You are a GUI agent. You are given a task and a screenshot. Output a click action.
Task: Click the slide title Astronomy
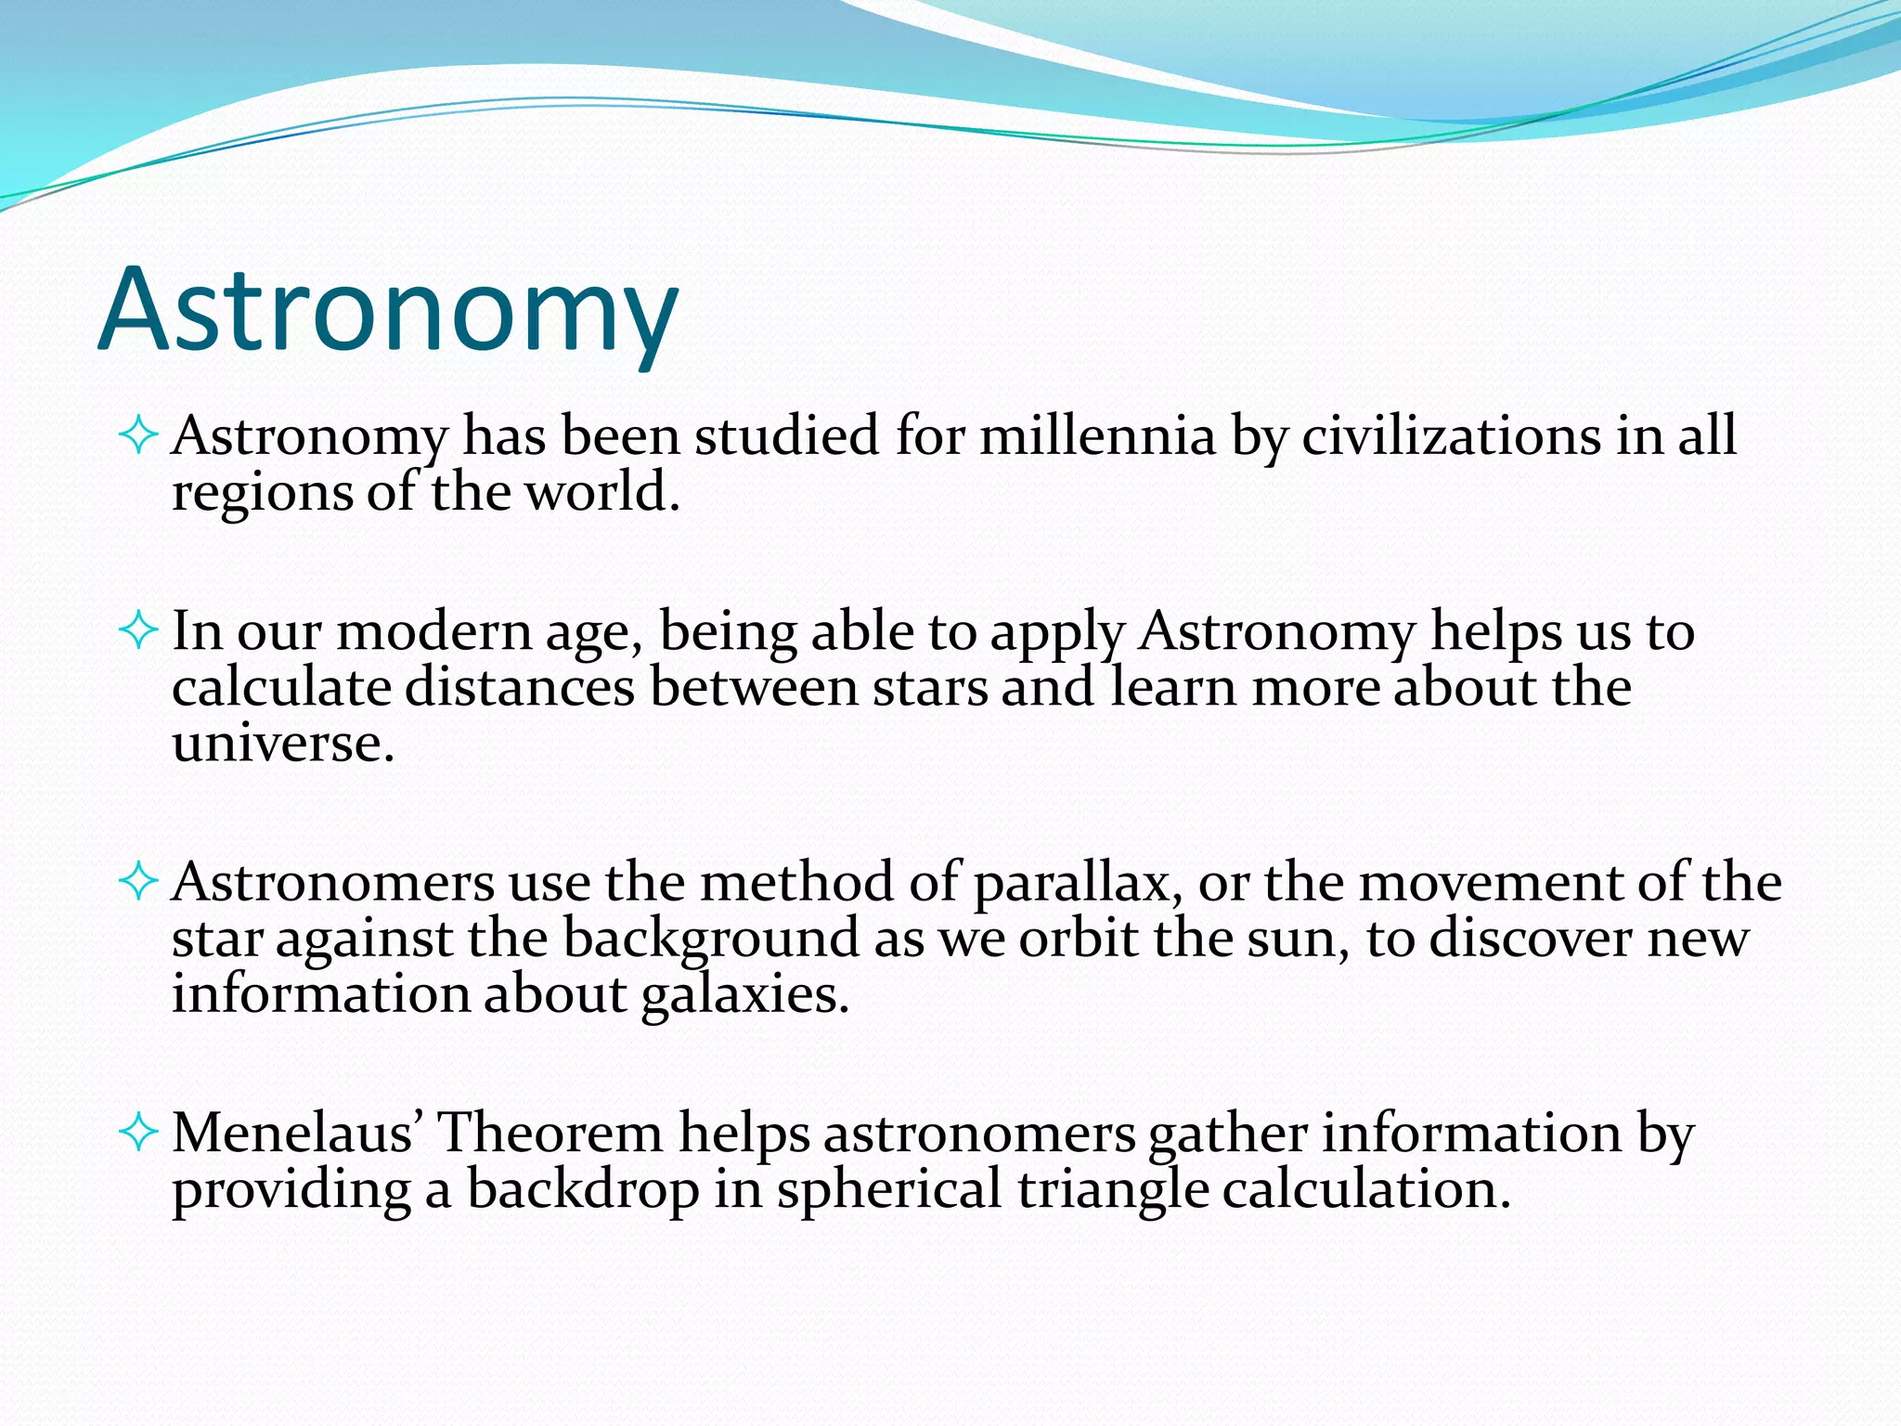388,311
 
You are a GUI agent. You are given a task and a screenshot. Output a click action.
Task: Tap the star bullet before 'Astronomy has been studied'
139,434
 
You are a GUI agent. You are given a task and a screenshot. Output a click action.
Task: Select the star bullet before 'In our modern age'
139,631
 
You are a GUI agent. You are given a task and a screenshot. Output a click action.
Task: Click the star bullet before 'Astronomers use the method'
139,881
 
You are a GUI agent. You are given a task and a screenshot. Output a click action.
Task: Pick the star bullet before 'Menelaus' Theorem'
139,1132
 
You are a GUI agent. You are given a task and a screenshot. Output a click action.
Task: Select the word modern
433,632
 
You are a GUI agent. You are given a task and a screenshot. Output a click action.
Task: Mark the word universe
282,744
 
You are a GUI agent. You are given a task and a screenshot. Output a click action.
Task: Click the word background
711,940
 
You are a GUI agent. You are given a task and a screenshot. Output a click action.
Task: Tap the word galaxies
744,995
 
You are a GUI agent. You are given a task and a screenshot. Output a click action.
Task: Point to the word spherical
889,1190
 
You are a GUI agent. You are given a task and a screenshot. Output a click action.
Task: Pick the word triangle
1113,1190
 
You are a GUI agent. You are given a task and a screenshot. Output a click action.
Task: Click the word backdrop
583,1189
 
